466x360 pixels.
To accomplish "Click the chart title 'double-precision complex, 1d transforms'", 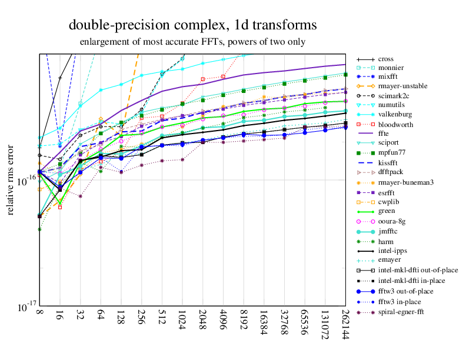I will [x=193, y=25].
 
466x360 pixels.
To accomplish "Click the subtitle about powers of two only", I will [x=193, y=42].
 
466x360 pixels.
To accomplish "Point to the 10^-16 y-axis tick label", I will [x=23, y=182].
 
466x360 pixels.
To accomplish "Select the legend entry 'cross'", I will [x=385, y=59].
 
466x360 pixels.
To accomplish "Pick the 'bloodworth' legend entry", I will [x=395, y=125].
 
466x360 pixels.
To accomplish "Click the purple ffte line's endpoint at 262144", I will [x=345, y=64].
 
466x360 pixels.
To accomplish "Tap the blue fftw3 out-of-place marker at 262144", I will [x=345, y=127].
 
